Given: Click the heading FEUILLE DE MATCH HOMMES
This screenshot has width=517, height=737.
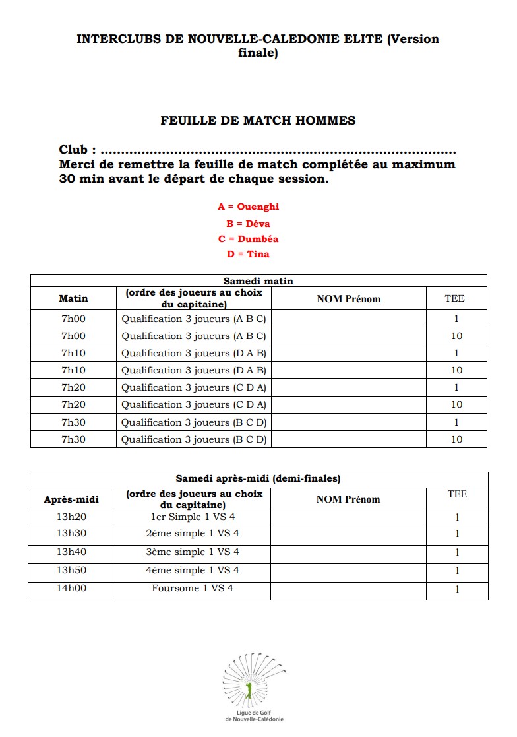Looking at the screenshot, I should point(258,121).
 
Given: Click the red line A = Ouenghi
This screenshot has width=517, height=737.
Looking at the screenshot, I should point(248,207).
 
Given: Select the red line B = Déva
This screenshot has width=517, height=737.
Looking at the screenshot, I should point(248,223).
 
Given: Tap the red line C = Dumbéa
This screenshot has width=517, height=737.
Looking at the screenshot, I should point(248,239).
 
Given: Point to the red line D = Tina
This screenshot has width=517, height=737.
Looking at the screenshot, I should point(248,254).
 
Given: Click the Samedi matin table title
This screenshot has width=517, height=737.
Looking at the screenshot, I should point(258,280).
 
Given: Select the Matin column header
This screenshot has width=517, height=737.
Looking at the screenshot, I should point(73,298).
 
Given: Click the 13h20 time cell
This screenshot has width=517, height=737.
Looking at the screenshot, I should point(71,517).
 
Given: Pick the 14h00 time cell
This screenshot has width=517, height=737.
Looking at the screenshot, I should point(71,588).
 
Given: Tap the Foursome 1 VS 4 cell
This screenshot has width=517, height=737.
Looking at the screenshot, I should point(193,588).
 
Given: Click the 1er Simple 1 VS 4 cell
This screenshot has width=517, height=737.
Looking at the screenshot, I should point(193,517).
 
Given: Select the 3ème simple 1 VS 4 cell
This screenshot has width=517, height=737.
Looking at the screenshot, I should point(193,552).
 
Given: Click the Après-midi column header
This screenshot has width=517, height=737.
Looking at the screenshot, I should point(71,499).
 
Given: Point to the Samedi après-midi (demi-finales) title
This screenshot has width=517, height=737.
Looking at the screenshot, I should point(258,479).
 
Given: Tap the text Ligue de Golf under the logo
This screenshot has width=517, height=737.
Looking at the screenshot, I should point(255,713).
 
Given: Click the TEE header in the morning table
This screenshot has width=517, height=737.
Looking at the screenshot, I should point(454,298).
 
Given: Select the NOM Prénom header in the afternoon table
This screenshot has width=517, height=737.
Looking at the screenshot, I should point(348,499).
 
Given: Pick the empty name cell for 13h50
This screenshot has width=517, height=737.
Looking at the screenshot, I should point(348,570).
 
